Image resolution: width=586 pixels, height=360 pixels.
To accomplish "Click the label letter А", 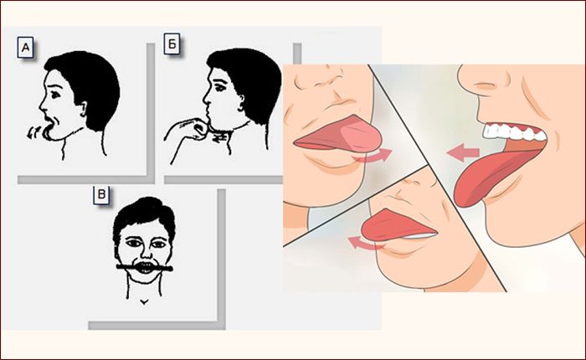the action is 25,48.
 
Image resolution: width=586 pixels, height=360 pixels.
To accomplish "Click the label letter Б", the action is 172,44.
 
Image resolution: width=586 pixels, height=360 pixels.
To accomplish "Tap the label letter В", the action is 101,195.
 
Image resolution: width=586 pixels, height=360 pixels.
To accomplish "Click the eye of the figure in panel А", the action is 56,95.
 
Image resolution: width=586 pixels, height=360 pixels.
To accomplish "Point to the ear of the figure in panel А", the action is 84,109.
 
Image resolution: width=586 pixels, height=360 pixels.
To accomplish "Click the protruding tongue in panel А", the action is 48,133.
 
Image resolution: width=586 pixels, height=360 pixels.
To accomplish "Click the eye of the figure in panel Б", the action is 219,88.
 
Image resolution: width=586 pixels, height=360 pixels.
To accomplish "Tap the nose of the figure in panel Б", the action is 206,98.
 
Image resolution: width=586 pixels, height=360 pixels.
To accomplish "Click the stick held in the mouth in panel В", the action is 145,267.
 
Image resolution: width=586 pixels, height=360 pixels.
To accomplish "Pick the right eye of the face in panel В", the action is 158,244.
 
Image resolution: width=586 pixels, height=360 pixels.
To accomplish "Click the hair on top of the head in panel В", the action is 144,213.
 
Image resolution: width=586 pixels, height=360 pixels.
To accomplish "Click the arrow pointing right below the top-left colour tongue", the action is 373,156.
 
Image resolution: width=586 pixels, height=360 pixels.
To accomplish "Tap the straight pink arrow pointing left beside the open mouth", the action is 464,152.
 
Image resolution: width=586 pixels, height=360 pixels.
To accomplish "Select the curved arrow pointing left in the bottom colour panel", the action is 367,244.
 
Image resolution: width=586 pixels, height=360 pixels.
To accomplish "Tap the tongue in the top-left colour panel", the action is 340,135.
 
